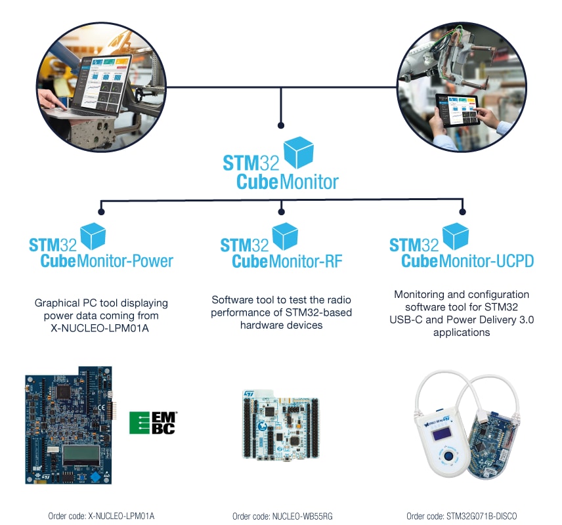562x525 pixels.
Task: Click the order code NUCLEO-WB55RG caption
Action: click(282, 516)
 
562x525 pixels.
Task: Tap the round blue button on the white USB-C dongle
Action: click(448, 455)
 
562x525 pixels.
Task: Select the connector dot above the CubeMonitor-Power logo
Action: click(100, 211)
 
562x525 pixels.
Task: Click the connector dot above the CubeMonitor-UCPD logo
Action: click(462, 211)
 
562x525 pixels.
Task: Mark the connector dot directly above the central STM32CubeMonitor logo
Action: click(281, 124)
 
